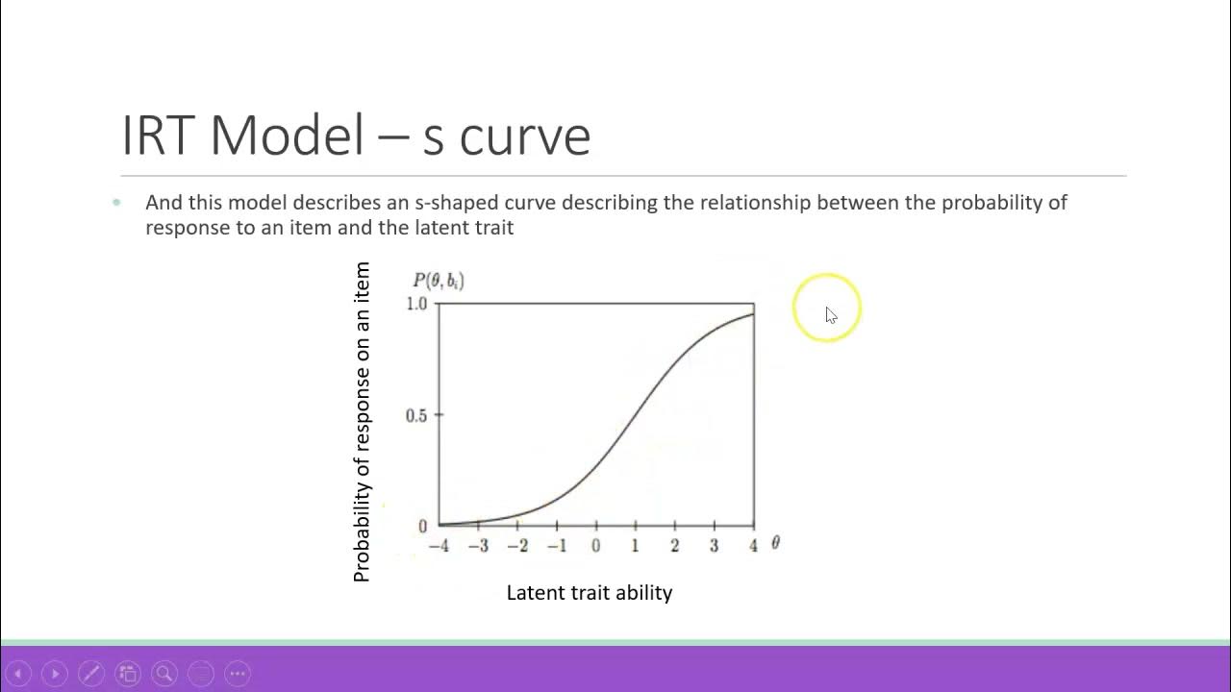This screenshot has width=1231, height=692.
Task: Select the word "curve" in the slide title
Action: point(524,136)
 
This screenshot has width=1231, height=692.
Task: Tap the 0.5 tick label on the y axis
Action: point(416,416)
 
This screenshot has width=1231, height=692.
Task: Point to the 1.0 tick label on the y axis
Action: point(416,304)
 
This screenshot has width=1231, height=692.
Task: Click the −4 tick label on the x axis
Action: point(438,546)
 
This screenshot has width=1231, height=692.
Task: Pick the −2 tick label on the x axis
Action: point(516,546)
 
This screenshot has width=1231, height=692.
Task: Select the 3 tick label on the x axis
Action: point(714,546)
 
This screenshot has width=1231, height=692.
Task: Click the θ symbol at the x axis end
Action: point(775,543)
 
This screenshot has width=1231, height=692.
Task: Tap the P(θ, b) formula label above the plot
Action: point(439,281)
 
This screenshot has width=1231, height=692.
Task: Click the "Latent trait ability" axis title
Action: point(589,593)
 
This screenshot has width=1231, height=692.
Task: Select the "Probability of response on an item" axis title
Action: point(362,422)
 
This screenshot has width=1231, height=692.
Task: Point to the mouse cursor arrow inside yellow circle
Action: point(831,315)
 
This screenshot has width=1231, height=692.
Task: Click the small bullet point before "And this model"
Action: point(117,202)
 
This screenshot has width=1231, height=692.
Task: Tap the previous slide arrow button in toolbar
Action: point(18,674)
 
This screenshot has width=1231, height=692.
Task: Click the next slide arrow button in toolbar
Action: point(55,674)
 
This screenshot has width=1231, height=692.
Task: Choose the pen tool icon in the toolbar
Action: point(91,674)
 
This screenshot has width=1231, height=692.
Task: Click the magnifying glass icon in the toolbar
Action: point(164,674)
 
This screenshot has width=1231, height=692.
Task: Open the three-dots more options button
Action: point(238,674)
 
